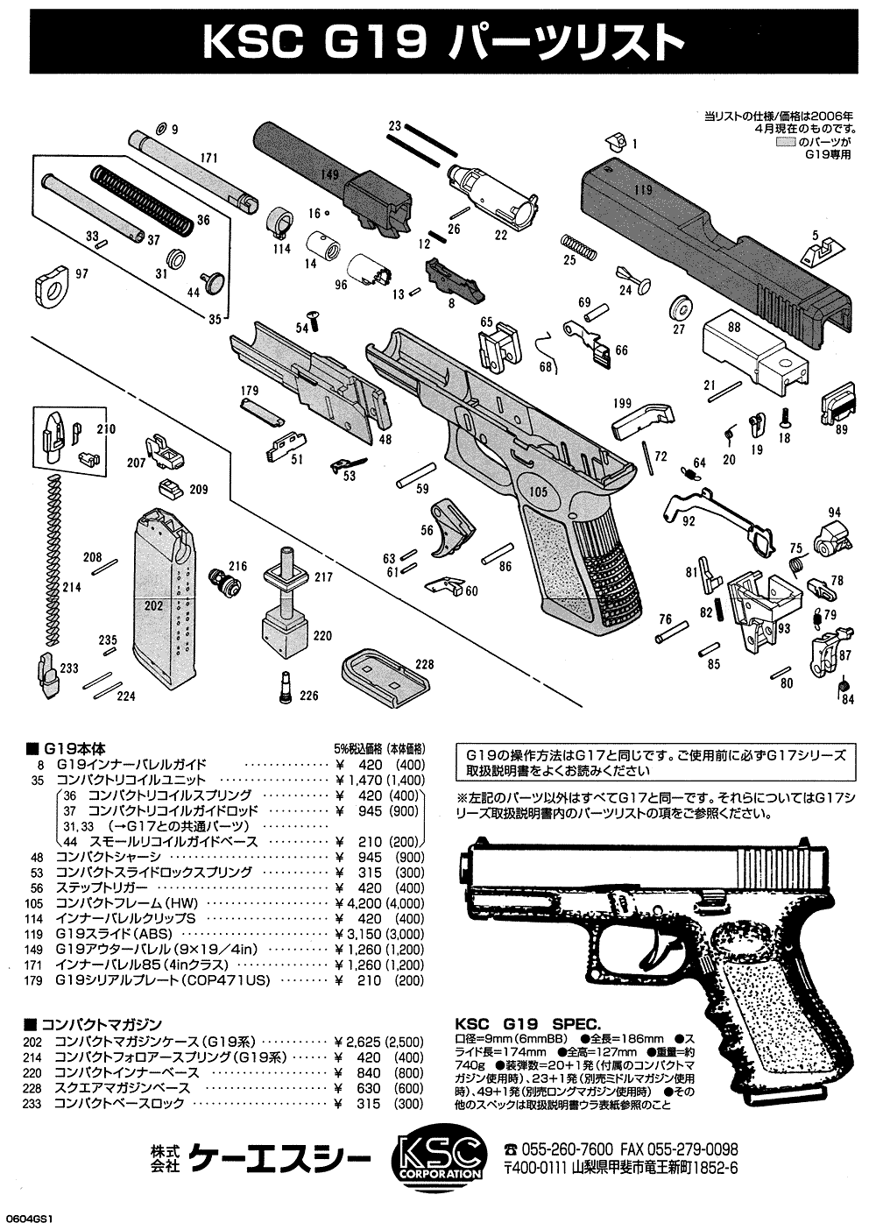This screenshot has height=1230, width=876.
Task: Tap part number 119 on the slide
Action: point(643,188)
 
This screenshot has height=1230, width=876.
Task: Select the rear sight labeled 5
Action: point(818,253)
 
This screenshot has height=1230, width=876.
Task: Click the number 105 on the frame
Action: point(538,491)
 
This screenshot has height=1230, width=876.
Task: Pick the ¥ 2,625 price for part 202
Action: point(363,1043)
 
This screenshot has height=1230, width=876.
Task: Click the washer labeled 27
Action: point(681,309)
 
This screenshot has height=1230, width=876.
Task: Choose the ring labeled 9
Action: point(160,128)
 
